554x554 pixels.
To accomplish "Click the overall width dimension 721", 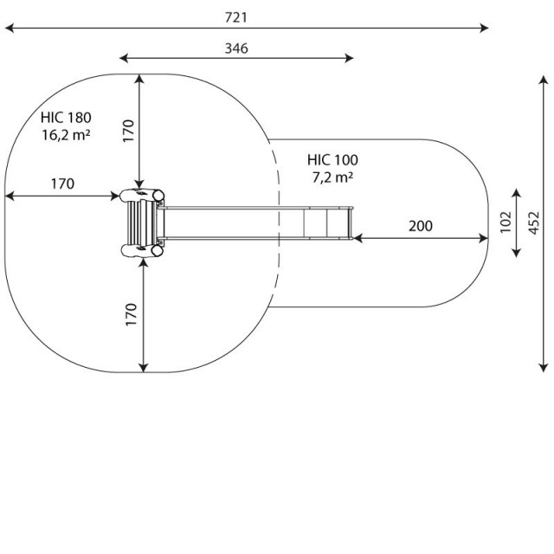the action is point(236,17).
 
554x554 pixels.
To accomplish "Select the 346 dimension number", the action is point(236,48).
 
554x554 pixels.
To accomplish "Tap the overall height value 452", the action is point(534,222).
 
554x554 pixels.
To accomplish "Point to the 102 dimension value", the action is point(506,222).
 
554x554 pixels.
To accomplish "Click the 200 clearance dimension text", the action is point(421,226).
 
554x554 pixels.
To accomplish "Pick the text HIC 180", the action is point(66,118).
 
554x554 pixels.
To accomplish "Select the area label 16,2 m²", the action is point(66,135).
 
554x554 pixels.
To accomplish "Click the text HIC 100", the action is point(332,160).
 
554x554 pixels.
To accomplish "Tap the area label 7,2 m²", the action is point(332,177).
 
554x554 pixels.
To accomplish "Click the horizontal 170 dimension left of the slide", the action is point(62,184).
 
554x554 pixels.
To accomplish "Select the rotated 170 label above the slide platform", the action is point(129,131).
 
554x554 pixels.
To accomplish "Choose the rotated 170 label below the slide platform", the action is point(131,314).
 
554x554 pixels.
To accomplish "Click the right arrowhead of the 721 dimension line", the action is point(485,28).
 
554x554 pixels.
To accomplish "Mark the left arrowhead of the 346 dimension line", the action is point(124,58).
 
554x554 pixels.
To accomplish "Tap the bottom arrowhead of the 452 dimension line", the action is point(544,368).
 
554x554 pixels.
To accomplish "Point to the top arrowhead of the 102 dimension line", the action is point(516,193).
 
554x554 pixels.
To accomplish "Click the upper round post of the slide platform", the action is point(158,196).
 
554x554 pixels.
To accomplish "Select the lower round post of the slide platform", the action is point(158,250).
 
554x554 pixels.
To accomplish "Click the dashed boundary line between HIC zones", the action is point(277,223).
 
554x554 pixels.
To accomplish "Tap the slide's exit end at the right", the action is point(351,223).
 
